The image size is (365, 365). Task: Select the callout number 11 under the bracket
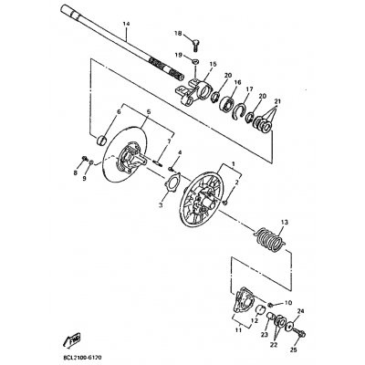point(238,331)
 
